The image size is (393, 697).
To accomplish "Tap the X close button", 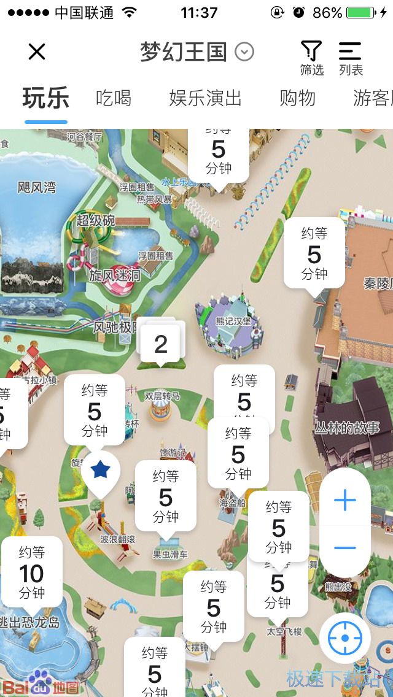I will click(x=37, y=52).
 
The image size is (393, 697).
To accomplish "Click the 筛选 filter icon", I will click(x=311, y=58).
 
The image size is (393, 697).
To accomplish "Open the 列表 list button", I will click(x=351, y=58).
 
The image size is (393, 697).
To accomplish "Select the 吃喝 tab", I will click(x=114, y=98).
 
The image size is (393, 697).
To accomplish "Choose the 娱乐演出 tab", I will click(x=205, y=98).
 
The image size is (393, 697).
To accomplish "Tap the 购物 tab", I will click(x=297, y=98).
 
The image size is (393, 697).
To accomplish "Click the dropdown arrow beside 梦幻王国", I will click(x=244, y=52).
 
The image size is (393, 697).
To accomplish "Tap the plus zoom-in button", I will click(x=344, y=501).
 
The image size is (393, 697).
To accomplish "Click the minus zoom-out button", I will click(x=344, y=548).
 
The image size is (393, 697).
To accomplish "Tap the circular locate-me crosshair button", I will click(x=344, y=638).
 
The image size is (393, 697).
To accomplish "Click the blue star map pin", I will click(x=100, y=471).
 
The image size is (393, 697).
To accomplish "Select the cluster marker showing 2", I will click(x=160, y=344).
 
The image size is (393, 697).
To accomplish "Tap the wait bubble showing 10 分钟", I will click(x=31, y=572).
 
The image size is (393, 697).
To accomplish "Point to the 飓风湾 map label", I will click(x=37, y=187).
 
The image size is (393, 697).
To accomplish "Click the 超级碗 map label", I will click(x=95, y=220).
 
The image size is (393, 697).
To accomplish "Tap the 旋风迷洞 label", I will click(x=114, y=275).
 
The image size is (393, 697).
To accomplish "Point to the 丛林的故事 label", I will click(x=347, y=428).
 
